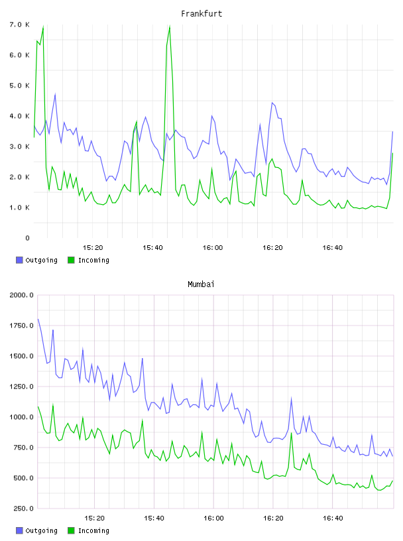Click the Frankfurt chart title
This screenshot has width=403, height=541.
201,14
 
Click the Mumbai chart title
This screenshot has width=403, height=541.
201,284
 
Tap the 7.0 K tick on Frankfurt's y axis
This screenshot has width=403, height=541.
20,25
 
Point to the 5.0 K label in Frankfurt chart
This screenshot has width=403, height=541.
20,86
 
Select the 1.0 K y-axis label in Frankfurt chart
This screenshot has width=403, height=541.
20,208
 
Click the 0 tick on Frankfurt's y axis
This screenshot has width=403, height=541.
27,238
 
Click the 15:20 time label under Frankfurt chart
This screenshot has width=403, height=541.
93,248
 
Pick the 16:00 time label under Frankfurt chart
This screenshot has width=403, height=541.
213,248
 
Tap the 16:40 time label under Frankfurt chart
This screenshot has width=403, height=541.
333,248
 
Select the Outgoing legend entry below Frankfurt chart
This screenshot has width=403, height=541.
37,260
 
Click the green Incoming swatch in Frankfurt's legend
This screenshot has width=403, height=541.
71,260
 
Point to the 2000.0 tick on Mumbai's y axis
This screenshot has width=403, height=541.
22,295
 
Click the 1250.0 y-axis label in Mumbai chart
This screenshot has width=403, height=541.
22,387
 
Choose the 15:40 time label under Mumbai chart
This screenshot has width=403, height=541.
154,518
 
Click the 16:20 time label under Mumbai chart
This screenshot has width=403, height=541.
273,518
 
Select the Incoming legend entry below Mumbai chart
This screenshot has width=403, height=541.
89,530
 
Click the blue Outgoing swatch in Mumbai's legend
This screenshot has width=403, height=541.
19,530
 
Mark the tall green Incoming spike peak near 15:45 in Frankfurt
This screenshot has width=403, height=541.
170,27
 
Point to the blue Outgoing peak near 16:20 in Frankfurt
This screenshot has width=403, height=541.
272,103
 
